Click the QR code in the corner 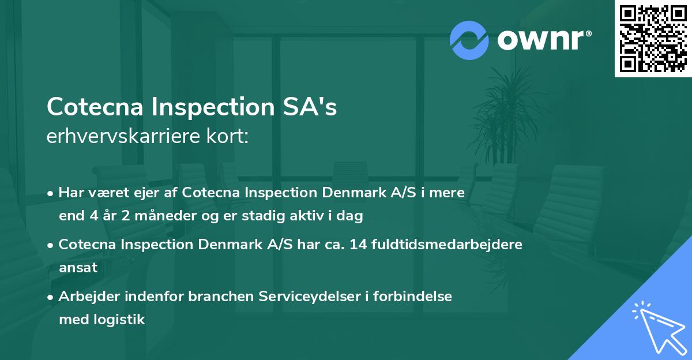tap(653, 39)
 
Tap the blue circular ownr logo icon tap(469, 40)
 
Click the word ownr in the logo tap(541, 40)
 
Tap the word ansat tap(78, 268)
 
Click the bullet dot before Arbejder tap(51, 297)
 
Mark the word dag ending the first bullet tap(352, 216)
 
